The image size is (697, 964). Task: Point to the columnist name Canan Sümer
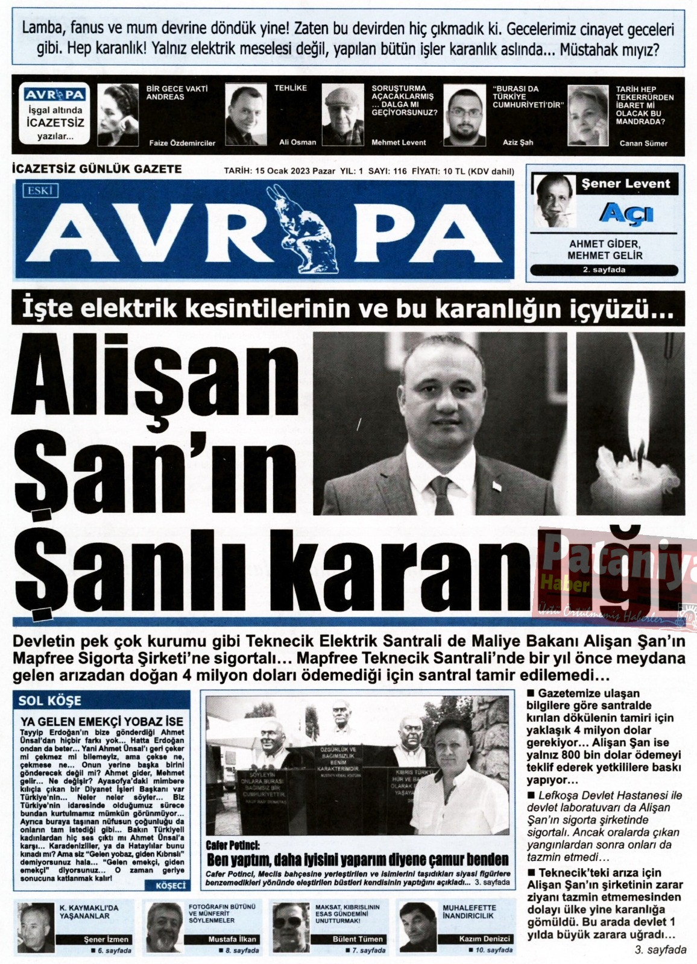click(x=643, y=143)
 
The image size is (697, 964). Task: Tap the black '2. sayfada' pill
click(x=604, y=270)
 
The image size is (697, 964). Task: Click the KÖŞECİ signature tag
click(x=171, y=886)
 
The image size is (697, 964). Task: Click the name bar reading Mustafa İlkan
click(x=232, y=939)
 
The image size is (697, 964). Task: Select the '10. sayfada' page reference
click(x=491, y=950)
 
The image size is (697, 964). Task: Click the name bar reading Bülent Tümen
click(x=358, y=939)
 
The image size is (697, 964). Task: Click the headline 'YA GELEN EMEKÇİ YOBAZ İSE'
click(x=102, y=721)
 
